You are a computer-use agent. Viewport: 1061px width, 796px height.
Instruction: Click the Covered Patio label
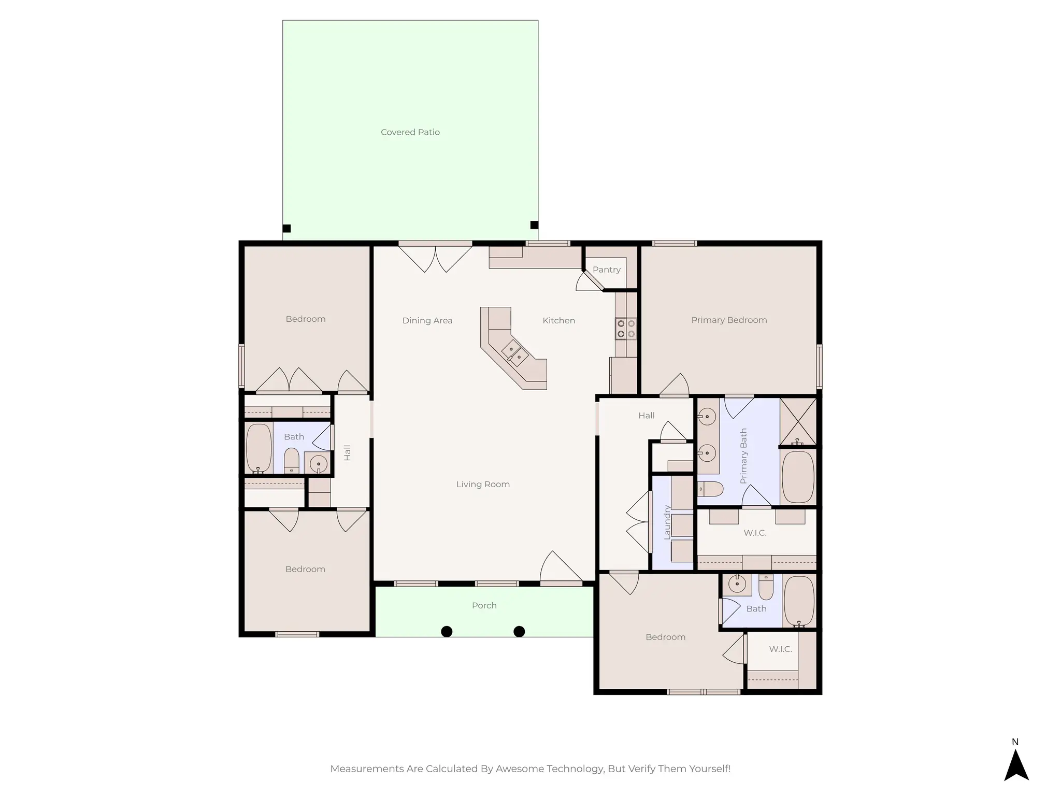410,132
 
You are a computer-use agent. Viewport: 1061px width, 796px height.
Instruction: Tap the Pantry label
606,269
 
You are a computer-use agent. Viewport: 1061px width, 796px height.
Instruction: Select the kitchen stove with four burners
625,329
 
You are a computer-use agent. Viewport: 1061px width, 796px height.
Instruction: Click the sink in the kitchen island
514,353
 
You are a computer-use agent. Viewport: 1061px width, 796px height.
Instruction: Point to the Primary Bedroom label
728,320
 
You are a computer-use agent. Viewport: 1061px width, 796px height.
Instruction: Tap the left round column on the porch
446,631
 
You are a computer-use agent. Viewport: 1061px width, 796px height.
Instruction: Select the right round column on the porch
519,631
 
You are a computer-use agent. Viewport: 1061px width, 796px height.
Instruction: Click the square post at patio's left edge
286,228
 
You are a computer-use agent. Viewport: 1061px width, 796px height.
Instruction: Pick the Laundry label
667,522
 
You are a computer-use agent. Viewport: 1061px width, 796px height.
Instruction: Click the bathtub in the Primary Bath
797,477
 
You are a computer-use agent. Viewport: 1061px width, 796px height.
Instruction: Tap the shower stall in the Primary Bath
798,421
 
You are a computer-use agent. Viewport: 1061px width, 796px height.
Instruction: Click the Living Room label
482,484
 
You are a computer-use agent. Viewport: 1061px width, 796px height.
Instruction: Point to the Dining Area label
427,320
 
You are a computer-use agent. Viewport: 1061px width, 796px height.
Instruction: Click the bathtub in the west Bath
259,448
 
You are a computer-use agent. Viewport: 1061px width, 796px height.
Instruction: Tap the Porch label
484,605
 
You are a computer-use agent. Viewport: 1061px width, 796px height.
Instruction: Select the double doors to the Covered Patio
435,258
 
